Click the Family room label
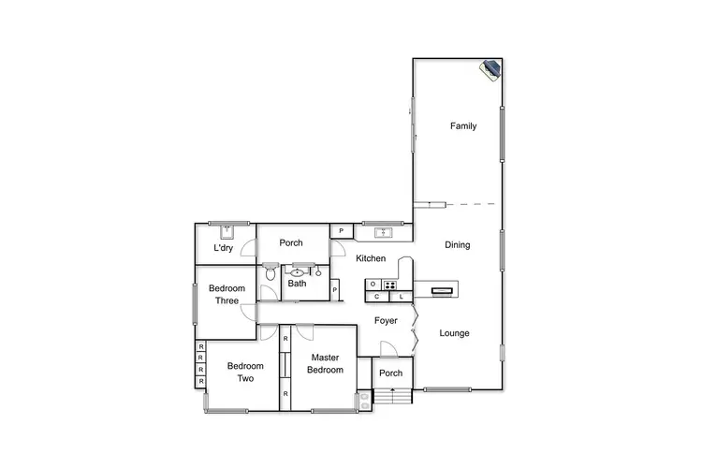click(x=463, y=125)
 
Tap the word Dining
click(x=457, y=245)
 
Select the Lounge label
click(x=454, y=333)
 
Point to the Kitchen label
click(x=371, y=258)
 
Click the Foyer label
click(x=387, y=321)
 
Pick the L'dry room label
click(x=223, y=249)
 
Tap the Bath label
click(x=297, y=284)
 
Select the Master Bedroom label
click(x=325, y=363)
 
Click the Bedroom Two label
click(x=245, y=373)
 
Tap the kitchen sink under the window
click(x=382, y=232)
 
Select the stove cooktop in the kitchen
click(x=389, y=284)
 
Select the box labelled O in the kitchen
click(x=373, y=284)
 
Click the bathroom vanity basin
click(x=298, y=271)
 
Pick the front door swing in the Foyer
click(x=388, y=348)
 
